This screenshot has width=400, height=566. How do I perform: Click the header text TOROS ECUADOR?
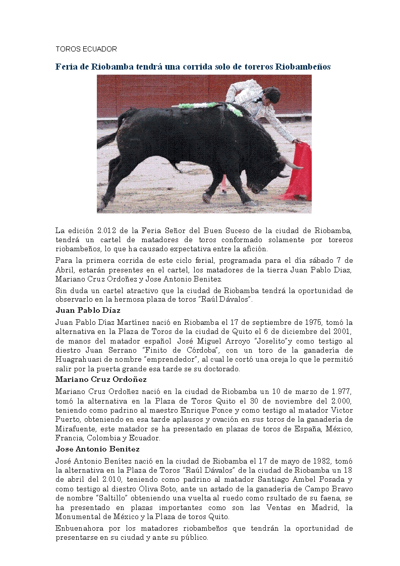86,49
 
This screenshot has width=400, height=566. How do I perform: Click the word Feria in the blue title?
67,67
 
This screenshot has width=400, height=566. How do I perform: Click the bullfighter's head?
271,94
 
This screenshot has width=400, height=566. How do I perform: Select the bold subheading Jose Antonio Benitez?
97,448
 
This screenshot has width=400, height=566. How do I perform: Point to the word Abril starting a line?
65,270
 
